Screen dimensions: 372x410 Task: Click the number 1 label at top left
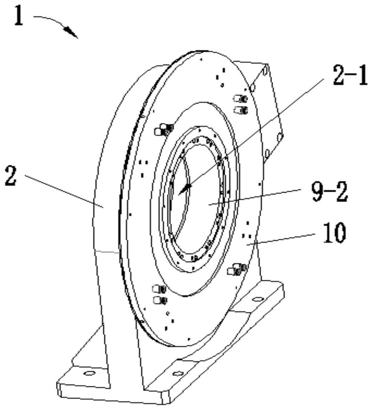(x=19, y=16)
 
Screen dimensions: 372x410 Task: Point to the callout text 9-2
(x=330, y=192)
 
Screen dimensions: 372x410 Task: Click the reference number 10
(x=334, y=233)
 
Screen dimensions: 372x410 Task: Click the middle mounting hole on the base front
(x=178, y=373)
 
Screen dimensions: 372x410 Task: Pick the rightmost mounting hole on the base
(x=258, y=299)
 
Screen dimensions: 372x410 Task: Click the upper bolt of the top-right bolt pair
(x=240, y=99)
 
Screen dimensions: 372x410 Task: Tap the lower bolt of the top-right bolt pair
(x=240, y=110)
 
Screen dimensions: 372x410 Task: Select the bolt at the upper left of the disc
(x=163, y=129)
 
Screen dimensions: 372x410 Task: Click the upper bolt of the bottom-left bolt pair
(x=159, y=289)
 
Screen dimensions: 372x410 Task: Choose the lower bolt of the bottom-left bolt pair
(x=159, y=300)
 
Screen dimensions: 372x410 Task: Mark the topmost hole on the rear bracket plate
(x=265, y=70)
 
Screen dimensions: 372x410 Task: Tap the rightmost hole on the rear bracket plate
(x=279, y=137)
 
